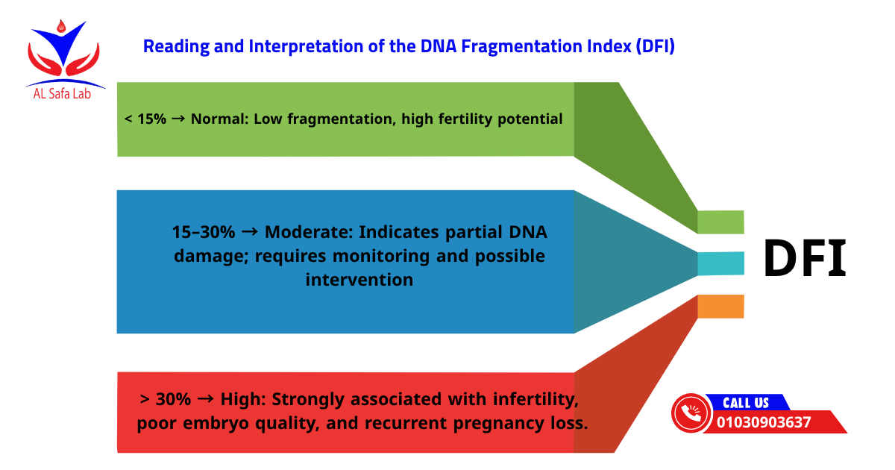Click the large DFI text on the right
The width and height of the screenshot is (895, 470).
(805, 260)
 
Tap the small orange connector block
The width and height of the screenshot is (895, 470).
(720, 307)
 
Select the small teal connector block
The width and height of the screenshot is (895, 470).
(720, 263)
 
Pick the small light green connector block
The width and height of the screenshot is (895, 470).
(720, 222)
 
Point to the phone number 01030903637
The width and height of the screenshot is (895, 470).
(764, 422)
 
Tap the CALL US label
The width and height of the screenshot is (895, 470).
(745, 403)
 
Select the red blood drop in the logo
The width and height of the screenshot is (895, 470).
(60, 27)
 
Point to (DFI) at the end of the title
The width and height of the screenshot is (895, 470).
(656, 46)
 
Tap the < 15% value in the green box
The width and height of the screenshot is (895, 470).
(145, 119)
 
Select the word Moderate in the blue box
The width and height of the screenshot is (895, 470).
(307, 232)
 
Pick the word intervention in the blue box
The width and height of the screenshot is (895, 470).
(359, 280)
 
